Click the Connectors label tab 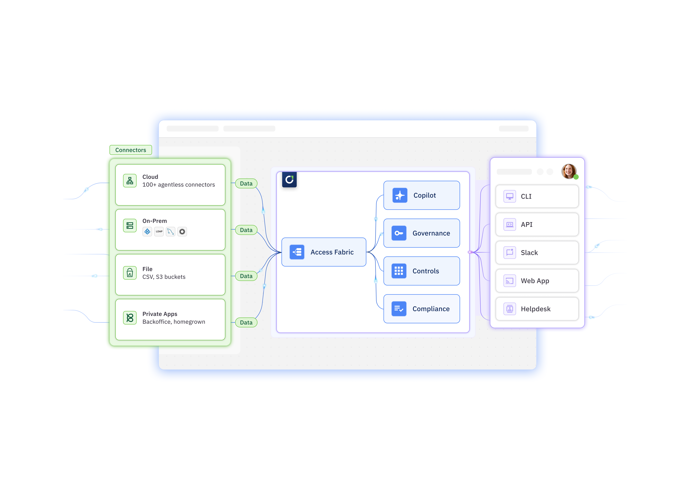131,150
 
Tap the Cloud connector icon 130,181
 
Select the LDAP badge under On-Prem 159,231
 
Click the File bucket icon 130,273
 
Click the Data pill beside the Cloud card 246,183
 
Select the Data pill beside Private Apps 246,323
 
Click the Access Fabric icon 297,252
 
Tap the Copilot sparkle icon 400,195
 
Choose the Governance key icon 399,233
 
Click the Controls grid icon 399,271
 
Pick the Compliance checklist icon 399,309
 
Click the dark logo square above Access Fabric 289,180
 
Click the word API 527,224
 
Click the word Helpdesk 535,309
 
